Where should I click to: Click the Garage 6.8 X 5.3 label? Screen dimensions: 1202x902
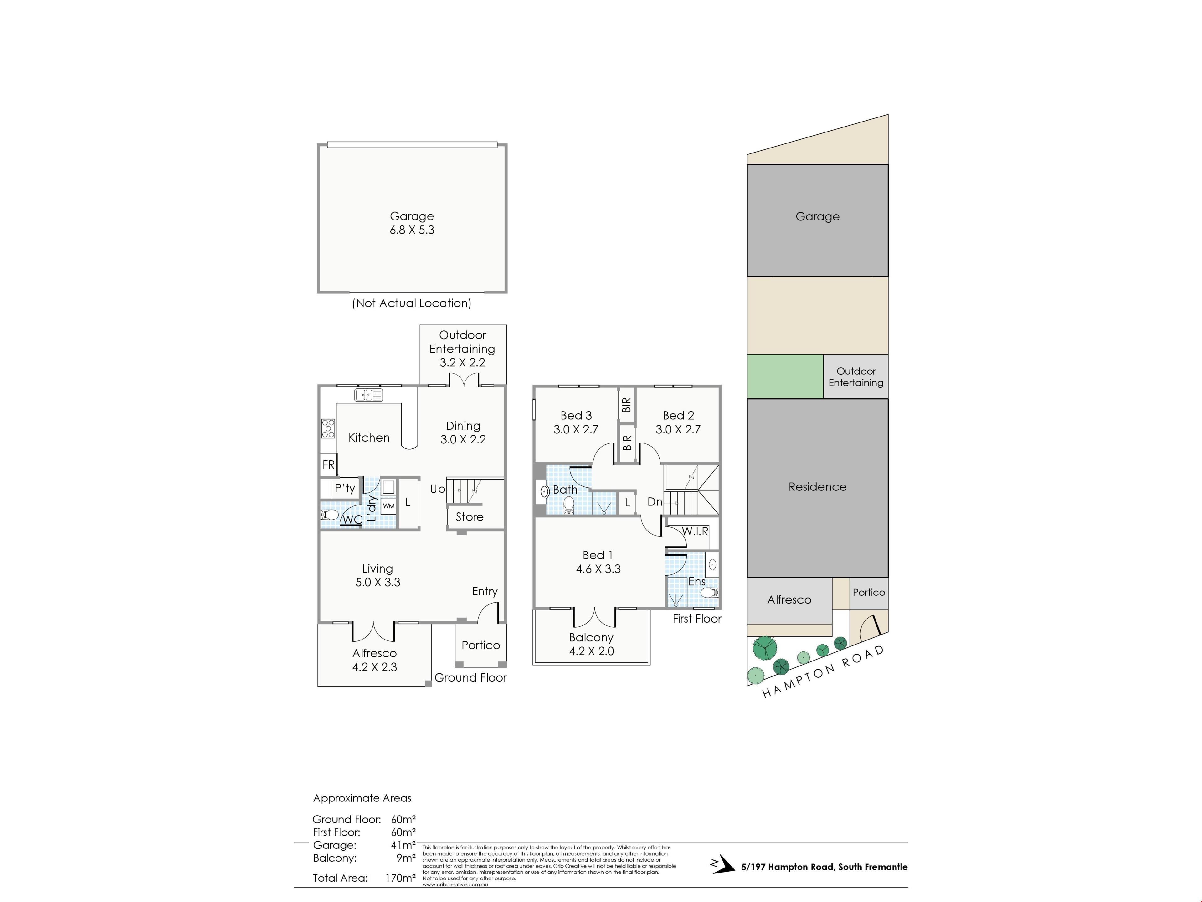412,223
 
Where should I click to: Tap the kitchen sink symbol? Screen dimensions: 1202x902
368,395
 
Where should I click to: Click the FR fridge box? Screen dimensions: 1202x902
328,464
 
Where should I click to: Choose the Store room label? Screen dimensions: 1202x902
470,517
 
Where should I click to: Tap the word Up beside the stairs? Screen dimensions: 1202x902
437,489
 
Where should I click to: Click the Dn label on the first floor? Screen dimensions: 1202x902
655,502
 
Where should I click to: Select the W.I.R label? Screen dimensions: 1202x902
695,531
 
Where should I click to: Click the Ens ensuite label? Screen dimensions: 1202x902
697,582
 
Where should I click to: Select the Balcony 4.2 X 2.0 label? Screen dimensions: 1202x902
591,644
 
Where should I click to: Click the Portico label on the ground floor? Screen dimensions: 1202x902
481,645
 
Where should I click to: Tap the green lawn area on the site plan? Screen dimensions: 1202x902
785,376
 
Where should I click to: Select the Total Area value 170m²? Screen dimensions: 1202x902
400,878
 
